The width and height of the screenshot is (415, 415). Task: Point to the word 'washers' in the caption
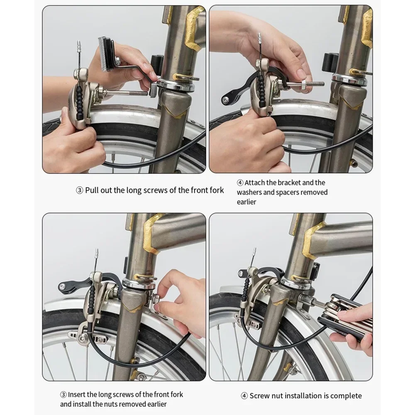(249, 192)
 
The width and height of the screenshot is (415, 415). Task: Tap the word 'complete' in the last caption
(346, 396)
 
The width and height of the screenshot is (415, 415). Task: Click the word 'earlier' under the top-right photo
(247, 202)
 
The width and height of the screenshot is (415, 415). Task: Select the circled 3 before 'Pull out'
(79, 190)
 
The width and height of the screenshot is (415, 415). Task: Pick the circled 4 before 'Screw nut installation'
(244, 396)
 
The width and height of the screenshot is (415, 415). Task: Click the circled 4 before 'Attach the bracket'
(240, 183)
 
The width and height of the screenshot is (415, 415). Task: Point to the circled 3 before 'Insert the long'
(63, 395)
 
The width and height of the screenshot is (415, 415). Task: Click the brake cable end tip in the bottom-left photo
(97, 252)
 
